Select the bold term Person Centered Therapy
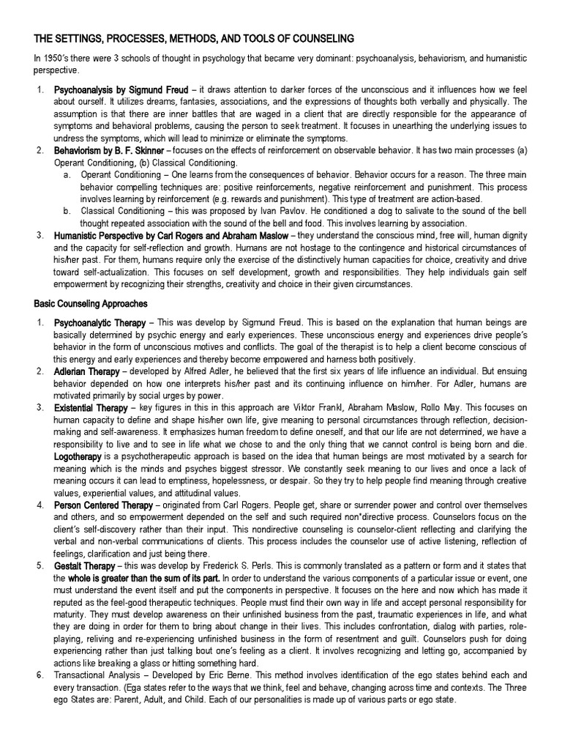click(105, 505)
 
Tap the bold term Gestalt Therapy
click(85, 566)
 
